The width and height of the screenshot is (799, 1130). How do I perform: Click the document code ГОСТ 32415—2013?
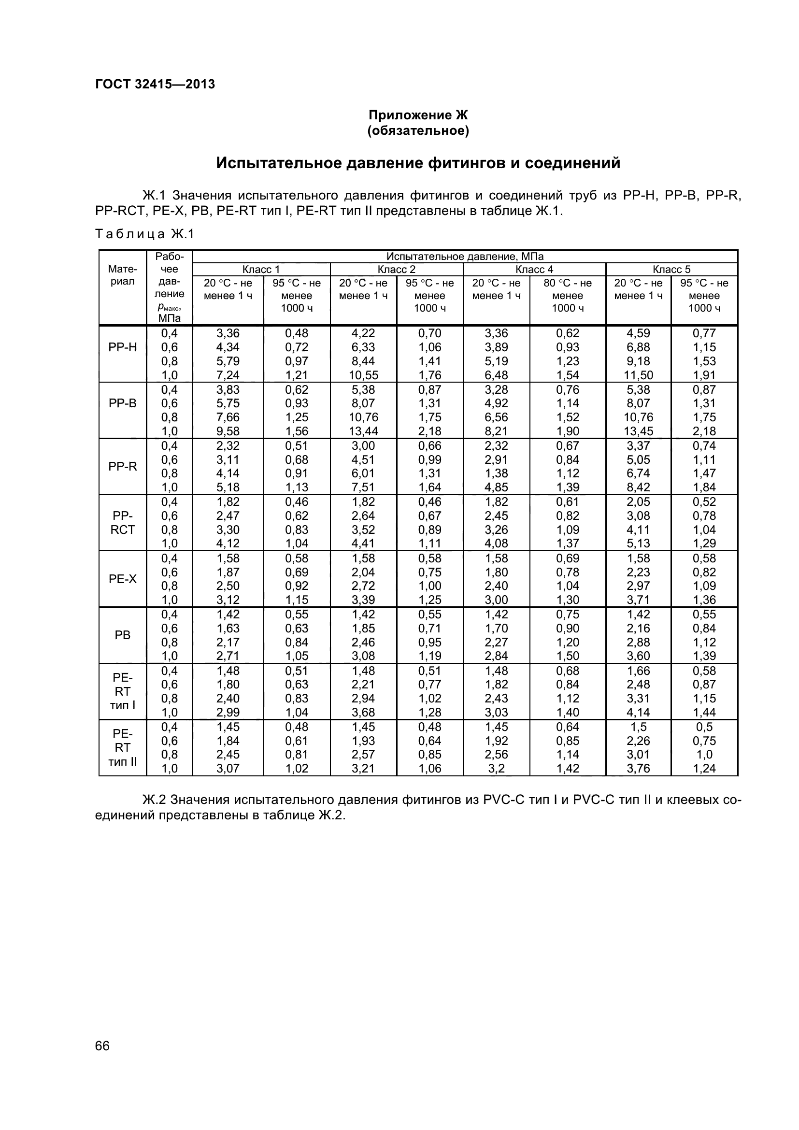coord(155,84)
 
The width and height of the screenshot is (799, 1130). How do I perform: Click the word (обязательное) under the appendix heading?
coord(418,131)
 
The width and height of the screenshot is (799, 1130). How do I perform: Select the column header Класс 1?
coord(261,269)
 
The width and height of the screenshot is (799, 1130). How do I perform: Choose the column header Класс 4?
coord(534,269)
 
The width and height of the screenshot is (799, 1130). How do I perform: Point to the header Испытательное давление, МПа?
coord(464,257)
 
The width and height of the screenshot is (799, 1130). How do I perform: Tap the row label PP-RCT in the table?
coord(123,523)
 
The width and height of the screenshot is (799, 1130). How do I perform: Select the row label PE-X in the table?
coord(123,579)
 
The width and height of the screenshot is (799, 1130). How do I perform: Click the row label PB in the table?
coord(123,635)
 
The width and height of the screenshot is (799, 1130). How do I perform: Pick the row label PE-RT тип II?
coord(123,747)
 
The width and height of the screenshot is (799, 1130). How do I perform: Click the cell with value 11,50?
coord(638,375)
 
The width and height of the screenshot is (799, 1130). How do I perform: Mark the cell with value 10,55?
coord(363,375)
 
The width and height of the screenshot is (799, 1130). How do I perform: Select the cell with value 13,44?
coord(363,431)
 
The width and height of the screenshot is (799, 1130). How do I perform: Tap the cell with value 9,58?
coord(228,431)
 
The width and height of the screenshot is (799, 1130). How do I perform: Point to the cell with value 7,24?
coord(228,375)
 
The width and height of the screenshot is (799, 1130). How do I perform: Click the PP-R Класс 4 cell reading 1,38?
coord(496,473)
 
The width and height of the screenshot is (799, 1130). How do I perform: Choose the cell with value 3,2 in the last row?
coord(496,768)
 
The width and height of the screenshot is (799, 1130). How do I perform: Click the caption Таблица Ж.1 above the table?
coord(145,234)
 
